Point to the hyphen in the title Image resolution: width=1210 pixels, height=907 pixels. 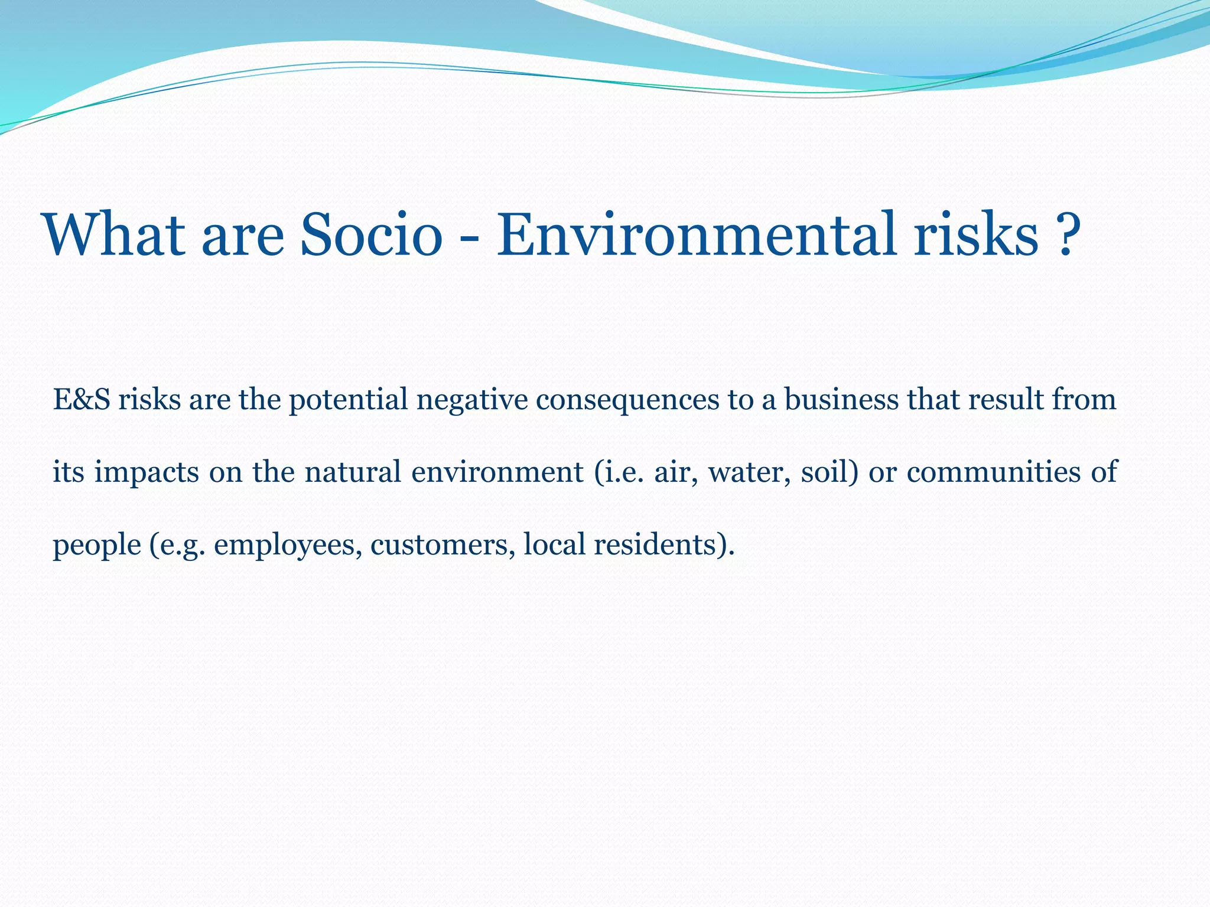[x=470, y=239]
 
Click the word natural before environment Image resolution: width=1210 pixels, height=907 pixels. [x=353, y=472]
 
